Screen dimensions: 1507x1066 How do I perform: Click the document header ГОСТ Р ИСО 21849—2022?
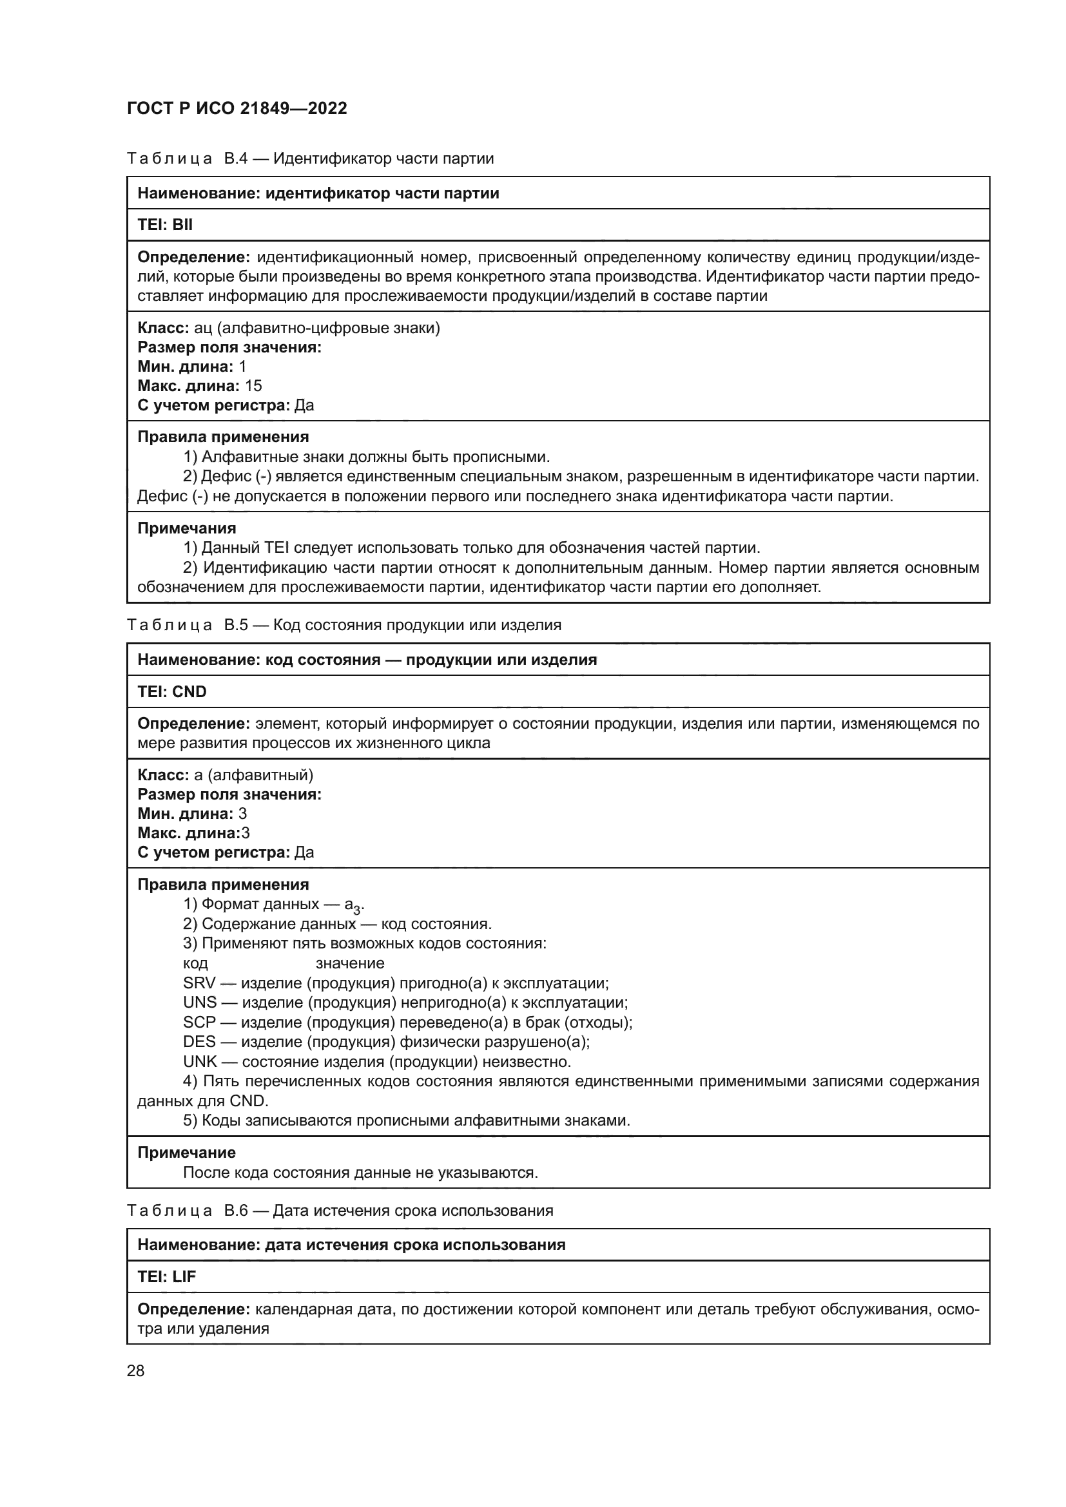click(x=237, y=109)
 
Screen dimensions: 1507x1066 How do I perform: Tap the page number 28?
click(x=135, y=1370)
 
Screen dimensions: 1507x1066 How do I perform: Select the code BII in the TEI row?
click(x=182, y=225)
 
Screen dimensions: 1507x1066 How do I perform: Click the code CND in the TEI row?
click(x=189, y=692)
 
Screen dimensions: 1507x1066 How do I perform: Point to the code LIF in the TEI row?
click(x=184, y=1276)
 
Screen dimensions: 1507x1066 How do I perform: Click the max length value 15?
click(x=253, y=386)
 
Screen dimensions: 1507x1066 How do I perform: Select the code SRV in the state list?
click(x=200, y=983)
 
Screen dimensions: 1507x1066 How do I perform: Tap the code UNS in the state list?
click(x=200, y=1003)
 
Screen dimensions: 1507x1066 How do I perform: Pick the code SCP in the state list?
click(x=200, y=1022)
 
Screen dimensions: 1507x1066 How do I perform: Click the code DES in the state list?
click(x=200, y=1042)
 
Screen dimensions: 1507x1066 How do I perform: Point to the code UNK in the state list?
click(x=200, y=1061)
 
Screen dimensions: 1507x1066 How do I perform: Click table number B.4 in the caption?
click(x=236, y=159)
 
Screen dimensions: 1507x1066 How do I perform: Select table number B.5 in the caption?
click(x=236, y=626)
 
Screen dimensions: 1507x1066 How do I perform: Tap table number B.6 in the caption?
click(x=236, y=1211)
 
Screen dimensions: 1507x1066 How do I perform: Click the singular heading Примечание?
click(x=186, y=1153)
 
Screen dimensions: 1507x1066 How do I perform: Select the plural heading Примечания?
click(x=186, y=528)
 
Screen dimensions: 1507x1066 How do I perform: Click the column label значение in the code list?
click(x=350, y=963)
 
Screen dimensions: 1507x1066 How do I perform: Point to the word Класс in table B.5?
click(x=163, y=775)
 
